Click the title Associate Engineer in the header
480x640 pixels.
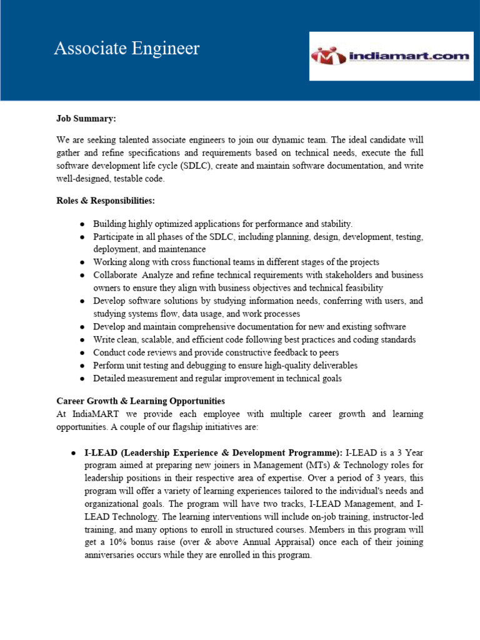tap(127, 49)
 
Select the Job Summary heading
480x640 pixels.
tap(86, 118)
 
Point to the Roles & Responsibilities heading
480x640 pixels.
tap(106, 201)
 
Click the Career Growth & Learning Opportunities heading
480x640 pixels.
tap(141, 401)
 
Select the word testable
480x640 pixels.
tap(127, 179)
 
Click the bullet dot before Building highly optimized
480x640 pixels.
tap(83, 224)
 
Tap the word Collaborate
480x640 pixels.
tap(116, 275)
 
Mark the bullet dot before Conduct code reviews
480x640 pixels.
tap(83, 353)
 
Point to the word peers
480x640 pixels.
tap(327, 352)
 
